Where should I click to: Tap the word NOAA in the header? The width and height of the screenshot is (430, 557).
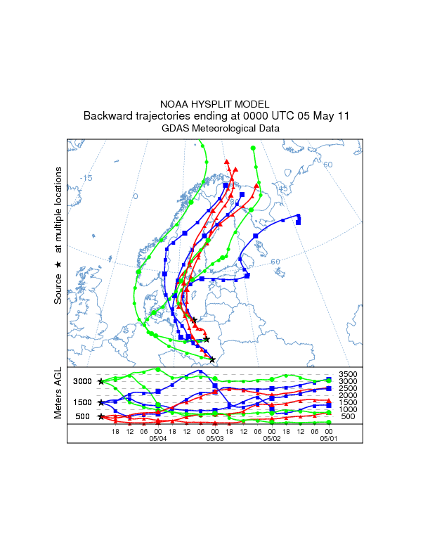pos(174,104)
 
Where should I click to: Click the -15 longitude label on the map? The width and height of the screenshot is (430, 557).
pos(86,178)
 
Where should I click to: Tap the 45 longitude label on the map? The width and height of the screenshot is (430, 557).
pos(283,188)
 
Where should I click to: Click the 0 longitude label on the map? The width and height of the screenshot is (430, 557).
pos(136,196)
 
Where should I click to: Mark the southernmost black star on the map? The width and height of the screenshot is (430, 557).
pos(212,360)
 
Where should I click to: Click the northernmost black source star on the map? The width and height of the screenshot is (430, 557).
pos(194,321)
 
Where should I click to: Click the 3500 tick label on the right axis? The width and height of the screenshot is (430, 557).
pos(348,374)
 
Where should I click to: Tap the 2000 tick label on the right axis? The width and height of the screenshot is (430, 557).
pos(348,395)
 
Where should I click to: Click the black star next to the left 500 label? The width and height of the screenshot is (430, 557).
pos(100,416)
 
